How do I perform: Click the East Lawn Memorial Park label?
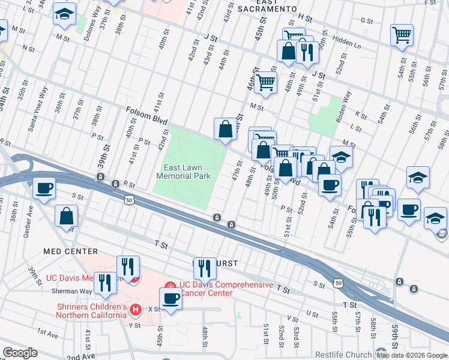pyautogui.click(x=183, y=172)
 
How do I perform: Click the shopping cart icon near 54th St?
pyautogui.click(x=402, y=34)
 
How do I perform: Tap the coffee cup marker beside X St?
pyautogui.click(x=170, y=299)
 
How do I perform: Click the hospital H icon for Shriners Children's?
pyautogui.click(x=136, y=310)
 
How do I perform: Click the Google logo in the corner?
pyautogui.click(x=20, y=353)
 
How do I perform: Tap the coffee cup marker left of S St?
pyautogui.click(x=44, y=188)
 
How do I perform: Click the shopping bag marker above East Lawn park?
pyautogui.click(x=225, y=128)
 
